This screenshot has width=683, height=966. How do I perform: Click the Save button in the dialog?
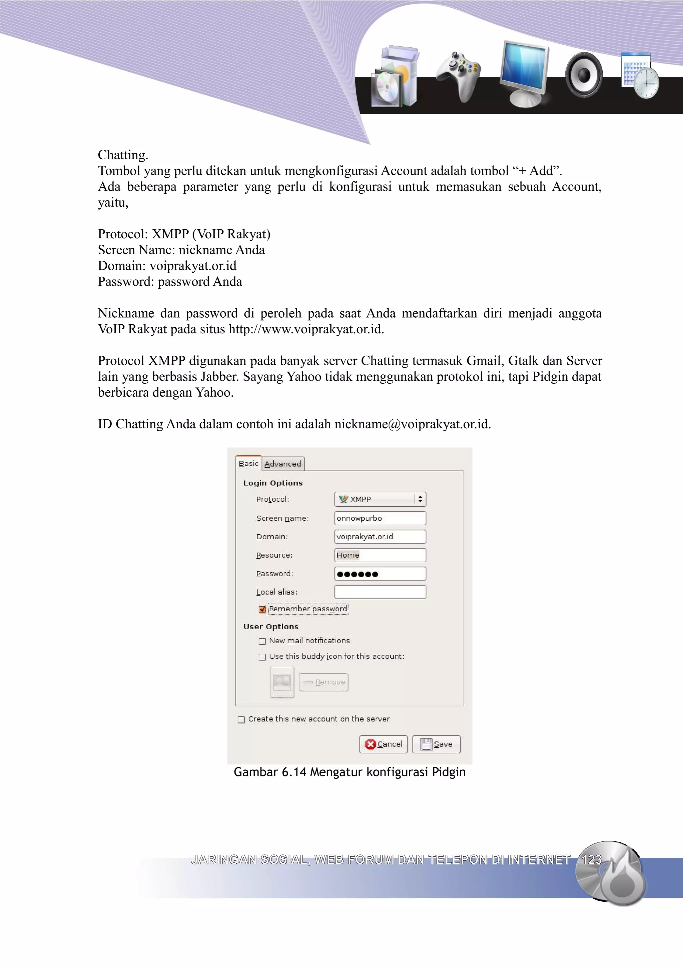coord(437,744)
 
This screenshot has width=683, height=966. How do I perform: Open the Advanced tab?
coord(283,464)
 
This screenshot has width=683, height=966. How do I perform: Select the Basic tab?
coord(248,463)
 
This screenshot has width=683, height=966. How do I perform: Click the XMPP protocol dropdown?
coord(380,499)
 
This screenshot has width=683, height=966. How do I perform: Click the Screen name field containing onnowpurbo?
coord(380,518)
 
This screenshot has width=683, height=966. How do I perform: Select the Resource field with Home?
coord(380,555)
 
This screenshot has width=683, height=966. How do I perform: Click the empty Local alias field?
coord(380,592)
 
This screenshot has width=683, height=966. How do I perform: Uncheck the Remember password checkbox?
coord(262,609)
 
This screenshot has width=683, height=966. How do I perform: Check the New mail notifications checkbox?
coord(262,641)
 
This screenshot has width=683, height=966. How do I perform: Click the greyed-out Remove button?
coord(323,682)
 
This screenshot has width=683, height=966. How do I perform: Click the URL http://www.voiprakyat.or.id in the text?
coord(306,329)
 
